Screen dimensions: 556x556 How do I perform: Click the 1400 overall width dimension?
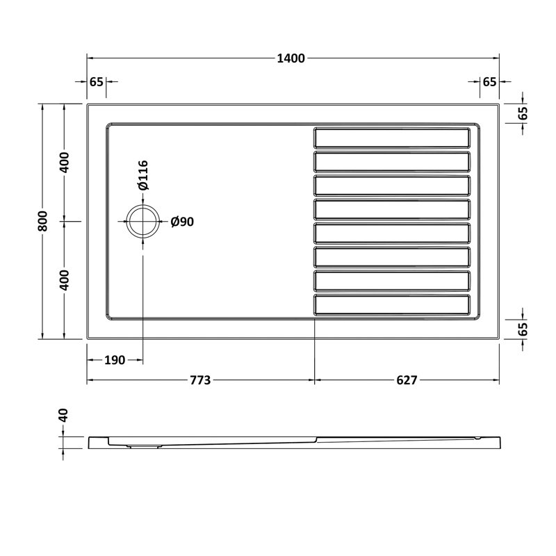click(293, 58)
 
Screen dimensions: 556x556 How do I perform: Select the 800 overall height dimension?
click(42, 221)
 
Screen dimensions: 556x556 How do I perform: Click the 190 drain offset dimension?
click(115, 360)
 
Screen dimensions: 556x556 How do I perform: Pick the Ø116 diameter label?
click(142, 175)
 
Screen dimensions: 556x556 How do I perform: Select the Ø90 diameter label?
click(182, 222)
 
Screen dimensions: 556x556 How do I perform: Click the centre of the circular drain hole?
click(142, 222)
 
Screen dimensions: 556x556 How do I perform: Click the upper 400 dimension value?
click(64, 163)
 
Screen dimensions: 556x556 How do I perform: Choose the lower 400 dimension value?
click(64, 279)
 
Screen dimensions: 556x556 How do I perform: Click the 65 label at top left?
click(97, 81)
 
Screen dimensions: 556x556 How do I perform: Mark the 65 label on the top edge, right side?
click(489, 81)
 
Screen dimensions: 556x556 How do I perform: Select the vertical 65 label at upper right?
click(523, 113)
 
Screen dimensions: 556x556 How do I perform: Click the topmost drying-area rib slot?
click(392, 137)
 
